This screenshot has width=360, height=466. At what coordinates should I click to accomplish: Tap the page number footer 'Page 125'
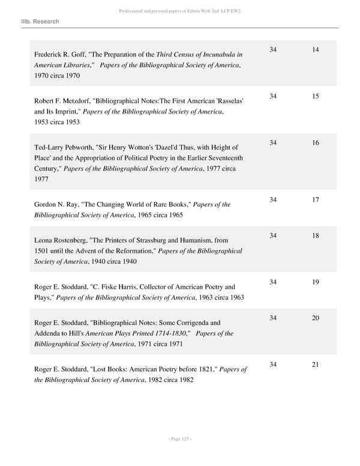coord(180,439)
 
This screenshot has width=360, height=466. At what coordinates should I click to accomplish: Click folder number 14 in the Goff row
coord(316,49)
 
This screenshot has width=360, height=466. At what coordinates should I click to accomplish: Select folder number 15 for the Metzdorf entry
coord(316,96)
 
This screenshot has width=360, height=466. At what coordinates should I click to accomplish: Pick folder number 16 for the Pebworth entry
coord(316,143)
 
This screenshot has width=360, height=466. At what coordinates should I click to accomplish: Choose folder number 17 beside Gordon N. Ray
coord(316,199)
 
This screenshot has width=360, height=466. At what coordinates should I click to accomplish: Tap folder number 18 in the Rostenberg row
coord(316,236)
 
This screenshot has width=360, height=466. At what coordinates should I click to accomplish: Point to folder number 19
coord(316,282)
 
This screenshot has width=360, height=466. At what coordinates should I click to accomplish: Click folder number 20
coord(316,318)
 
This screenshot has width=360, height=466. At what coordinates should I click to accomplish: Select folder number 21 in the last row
coord(316,365)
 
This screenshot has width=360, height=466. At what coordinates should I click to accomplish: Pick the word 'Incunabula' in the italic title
coord(215,55)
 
